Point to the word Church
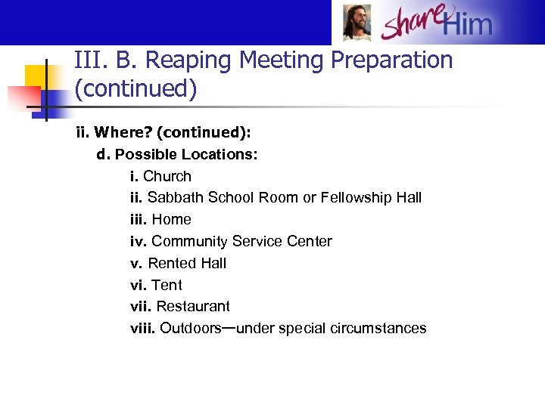tap(167, 177)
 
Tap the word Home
tap(172, 220)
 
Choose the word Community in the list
tap(190, 242)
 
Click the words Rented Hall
tap(187, 264)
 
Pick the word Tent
tap(167, 286)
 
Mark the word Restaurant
tap(193, 307)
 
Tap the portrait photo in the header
tap(357, 23)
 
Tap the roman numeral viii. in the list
tap(142, 329)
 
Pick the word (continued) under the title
tap(136, 90)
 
